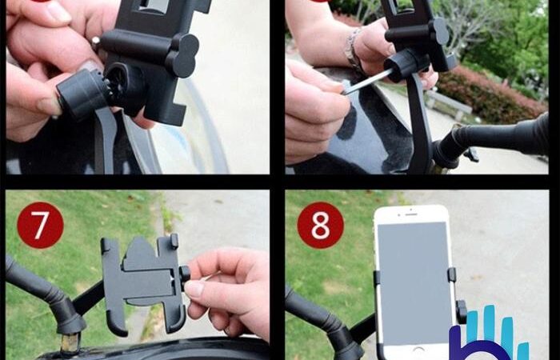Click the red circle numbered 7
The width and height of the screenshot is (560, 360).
coord(40,225)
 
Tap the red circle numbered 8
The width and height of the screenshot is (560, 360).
coord(320,225)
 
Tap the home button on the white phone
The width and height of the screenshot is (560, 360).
coord(418,350)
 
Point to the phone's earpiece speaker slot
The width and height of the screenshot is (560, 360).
coord(411,214)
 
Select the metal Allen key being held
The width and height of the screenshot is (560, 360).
coord(367,82)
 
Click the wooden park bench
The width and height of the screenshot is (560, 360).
coord(449,104)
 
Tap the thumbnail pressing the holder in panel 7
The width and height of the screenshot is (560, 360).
coord(194,289)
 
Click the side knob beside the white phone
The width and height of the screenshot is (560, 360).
coord(461,312)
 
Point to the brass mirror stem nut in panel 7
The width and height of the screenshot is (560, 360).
coord(70,343)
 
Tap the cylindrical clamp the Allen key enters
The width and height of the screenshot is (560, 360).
coord(406,63)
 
